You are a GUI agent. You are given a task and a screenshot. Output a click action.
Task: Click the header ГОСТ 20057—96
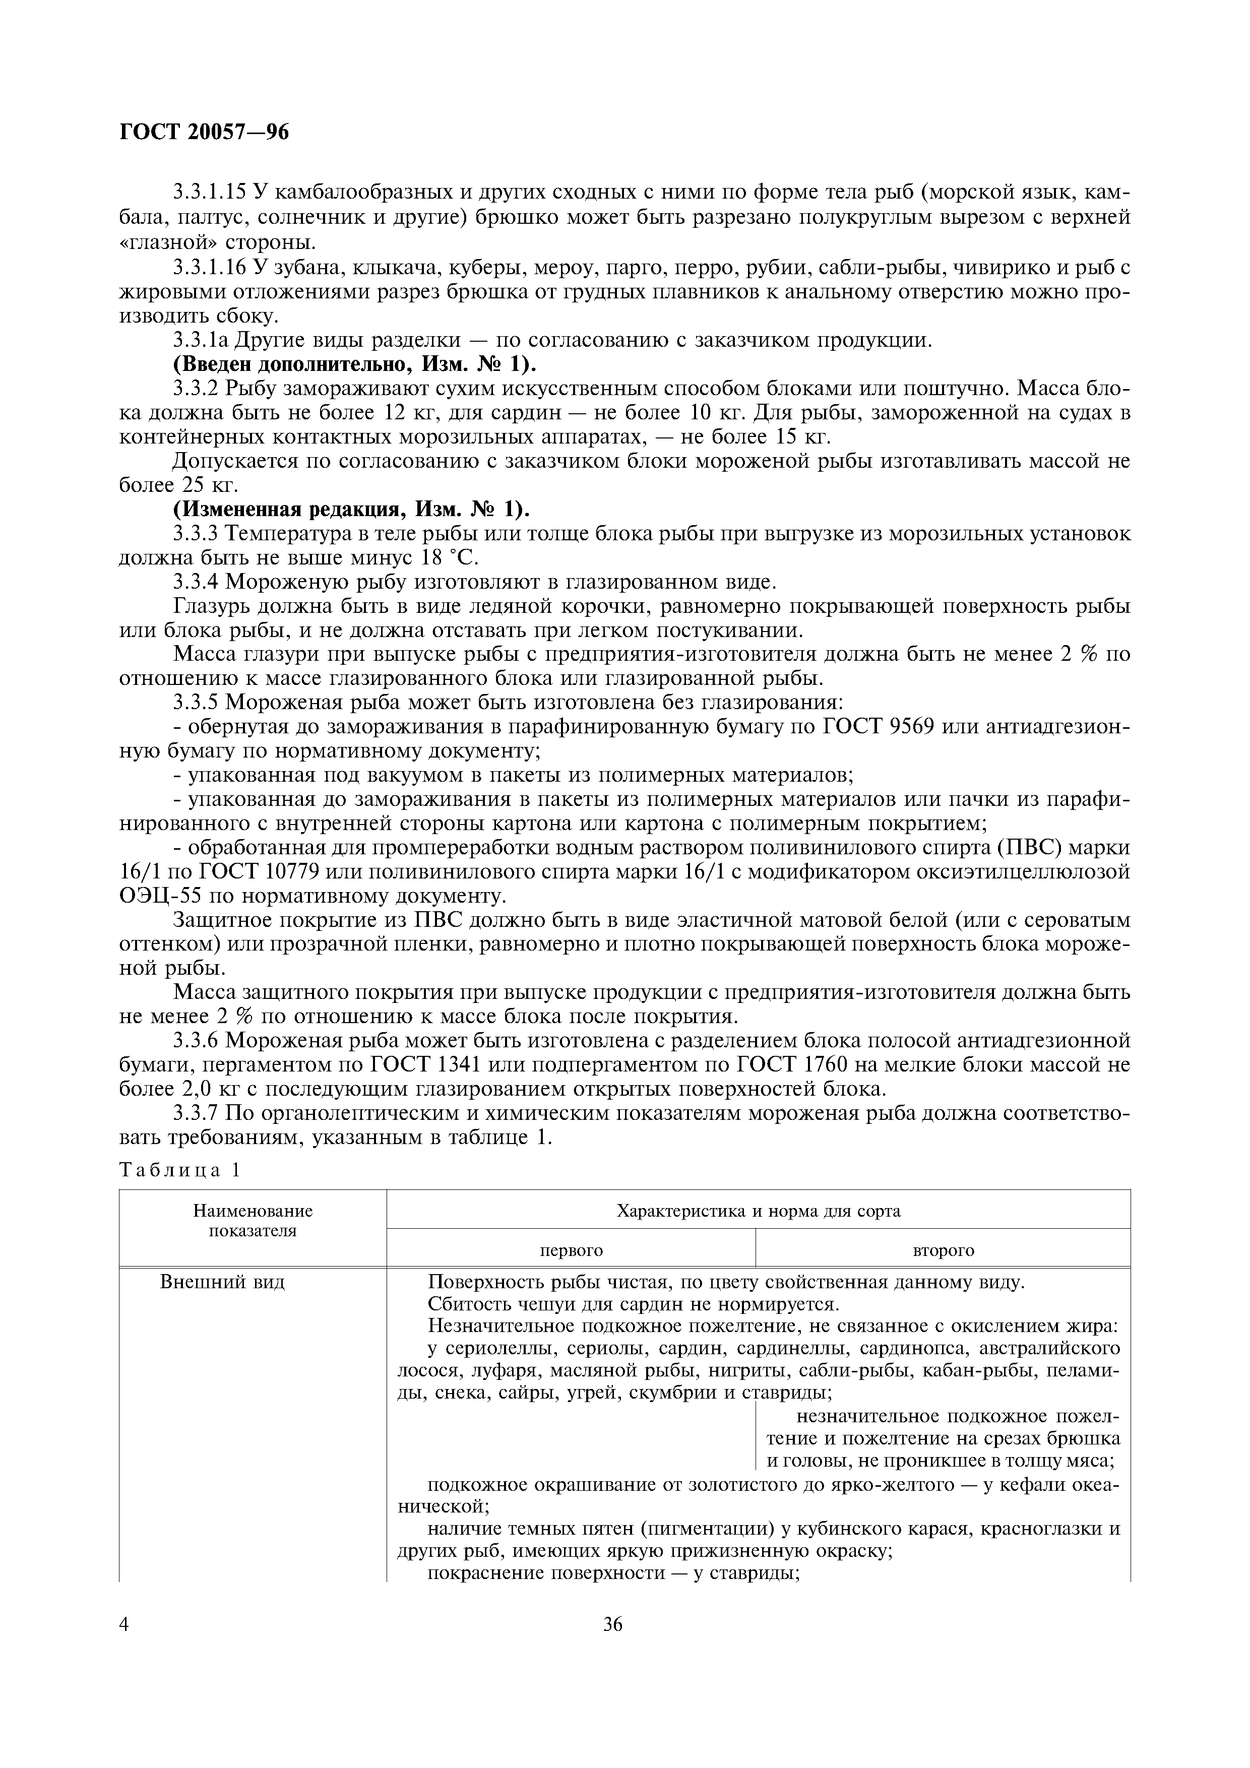pyautogui.click(x=204, y=133)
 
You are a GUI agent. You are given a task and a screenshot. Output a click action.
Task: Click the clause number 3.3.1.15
pyautogui.click(x=209, y=193)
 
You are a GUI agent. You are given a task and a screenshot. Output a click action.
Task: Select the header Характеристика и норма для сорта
pyautogui.click(x=758, y=1211)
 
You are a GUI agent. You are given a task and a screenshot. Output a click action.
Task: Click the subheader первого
pyautogui.click(x=571, y=1250)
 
